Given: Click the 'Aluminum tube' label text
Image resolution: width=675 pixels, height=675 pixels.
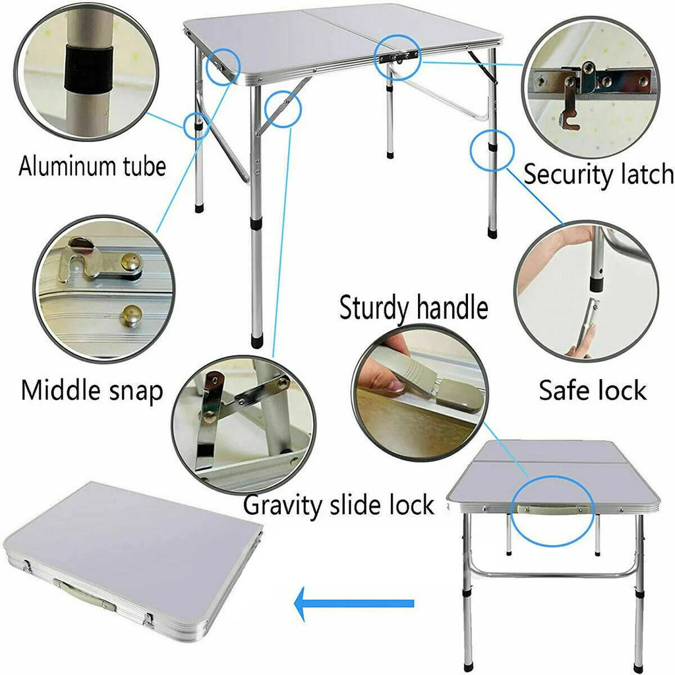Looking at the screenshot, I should tap(92, 166).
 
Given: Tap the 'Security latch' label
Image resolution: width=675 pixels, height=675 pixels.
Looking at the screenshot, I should tap(598, 175).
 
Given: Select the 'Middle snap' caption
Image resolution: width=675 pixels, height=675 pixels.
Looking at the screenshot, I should tap(92, 390).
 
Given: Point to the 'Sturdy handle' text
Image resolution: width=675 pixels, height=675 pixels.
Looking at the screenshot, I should tap(413, 308).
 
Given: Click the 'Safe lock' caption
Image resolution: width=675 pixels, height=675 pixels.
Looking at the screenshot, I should tap(593, 390).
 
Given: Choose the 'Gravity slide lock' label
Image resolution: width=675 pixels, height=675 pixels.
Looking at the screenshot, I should tap(339, 505).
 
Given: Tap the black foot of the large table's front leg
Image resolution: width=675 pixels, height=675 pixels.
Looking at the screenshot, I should tap(256, 341).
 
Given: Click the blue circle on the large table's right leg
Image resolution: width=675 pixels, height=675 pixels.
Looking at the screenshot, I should tap(492, 151).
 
